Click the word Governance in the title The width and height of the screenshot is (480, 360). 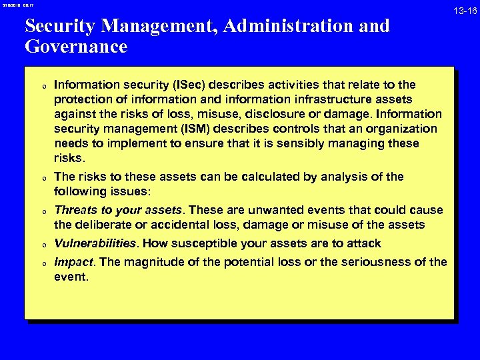tap(75, 47)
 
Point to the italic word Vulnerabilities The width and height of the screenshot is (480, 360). tap(97, 243)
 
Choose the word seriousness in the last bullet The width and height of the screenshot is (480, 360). tap(376, 262)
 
